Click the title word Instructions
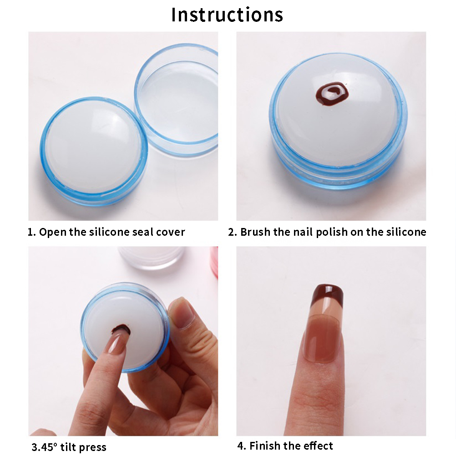[x=227, y=15]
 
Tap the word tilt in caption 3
[x=68, y=447]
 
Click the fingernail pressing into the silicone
[x=118, y=340]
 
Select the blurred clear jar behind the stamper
[x=152, y=258]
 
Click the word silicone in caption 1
[x=109, y=232]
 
